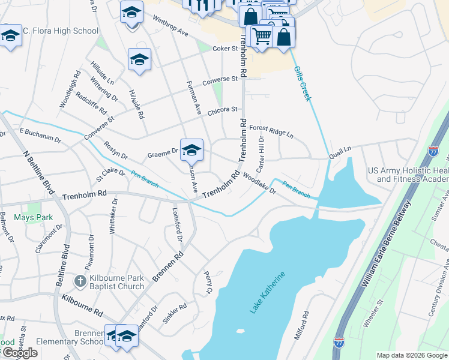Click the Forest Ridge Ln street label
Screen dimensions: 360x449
[x=271, y=131]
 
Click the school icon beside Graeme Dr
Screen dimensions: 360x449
[x=191, y=149]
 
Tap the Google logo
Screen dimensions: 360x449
[x=20, y=353]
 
